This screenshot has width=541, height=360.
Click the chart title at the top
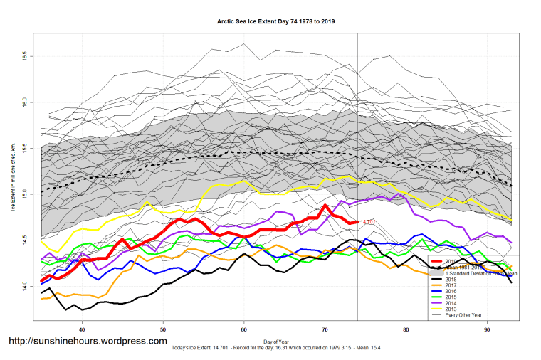click(x=276, y=22)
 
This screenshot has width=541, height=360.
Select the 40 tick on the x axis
click(x=83, y=329)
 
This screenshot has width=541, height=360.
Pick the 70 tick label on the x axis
click(x=325, y=329)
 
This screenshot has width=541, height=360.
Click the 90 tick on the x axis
click(x=487, y=329)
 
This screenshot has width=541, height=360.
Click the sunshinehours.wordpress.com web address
click(x=88, y=342)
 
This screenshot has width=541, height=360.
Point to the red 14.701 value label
click(x=368, y=222)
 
